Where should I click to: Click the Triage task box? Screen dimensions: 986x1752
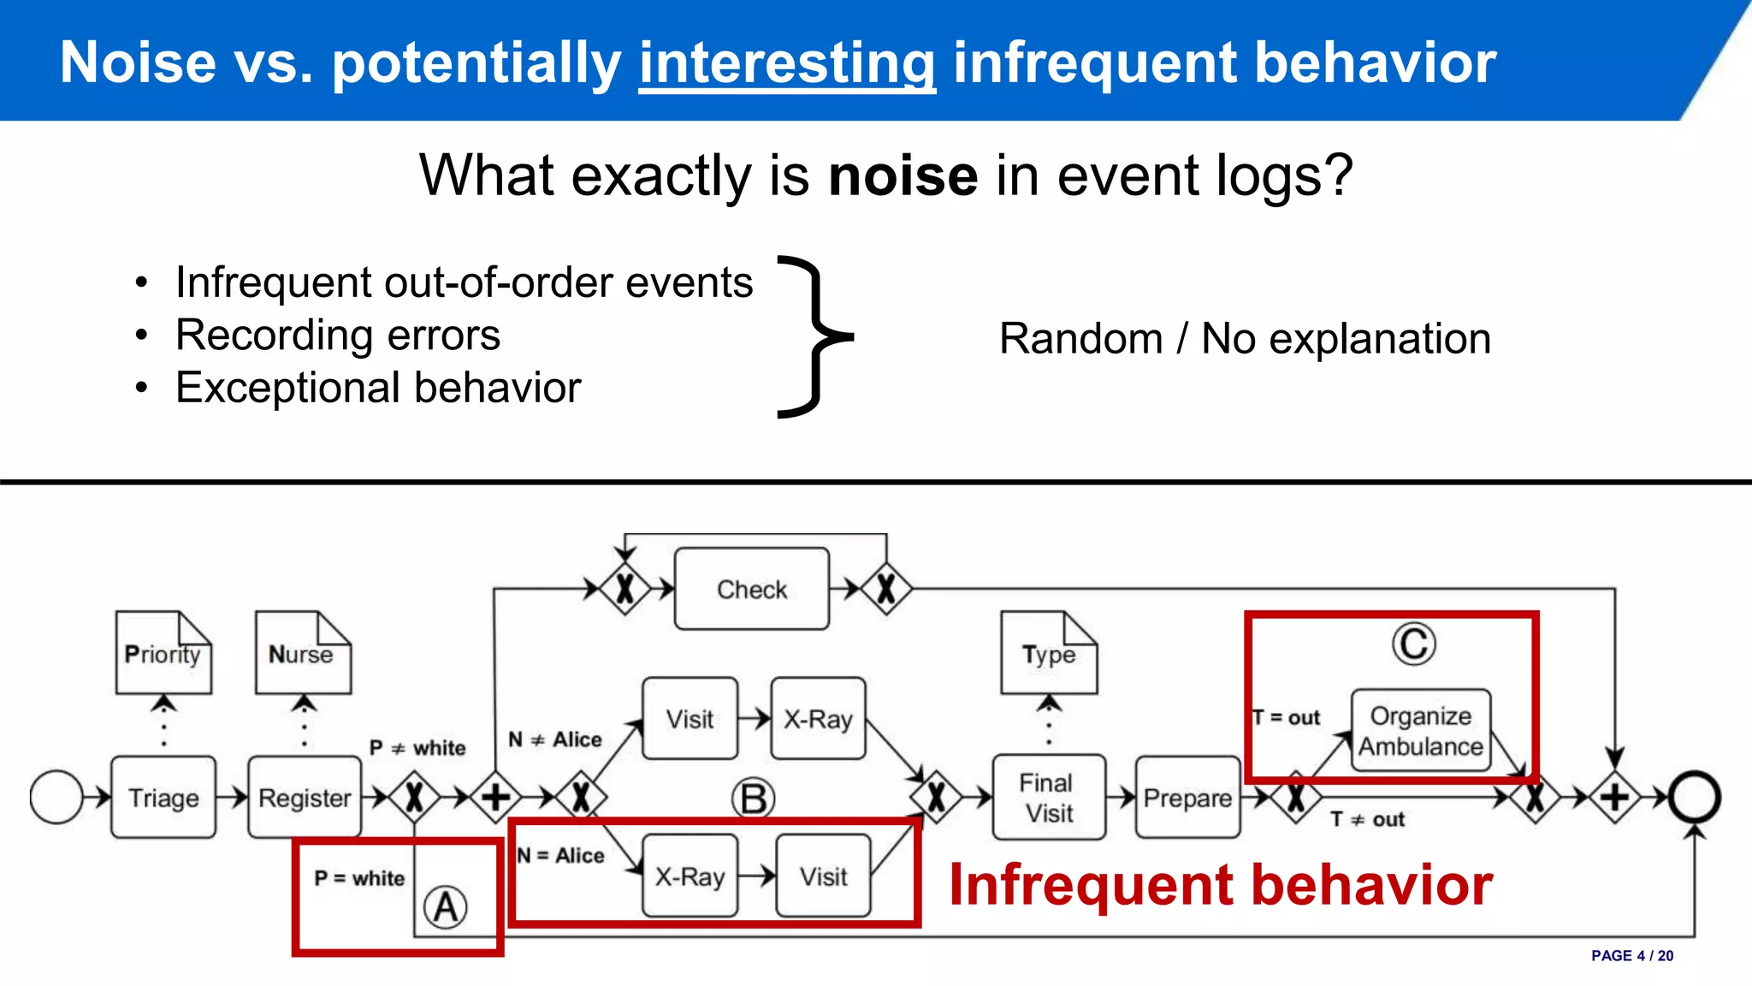[x=163, y=797]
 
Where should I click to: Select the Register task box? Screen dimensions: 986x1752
[x=305, y=797]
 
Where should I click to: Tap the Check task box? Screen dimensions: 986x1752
[x=751, y=589]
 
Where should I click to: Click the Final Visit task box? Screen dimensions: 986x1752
[x=1049, y=797]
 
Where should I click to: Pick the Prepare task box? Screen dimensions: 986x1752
[x=1187, y=797]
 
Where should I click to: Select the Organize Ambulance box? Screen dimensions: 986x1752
[x=1421, y=730]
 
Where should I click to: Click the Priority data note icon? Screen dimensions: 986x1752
[x=163, y=652]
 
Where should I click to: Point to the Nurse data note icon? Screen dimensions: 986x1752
[x=303, y=652]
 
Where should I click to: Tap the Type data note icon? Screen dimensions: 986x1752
[x=1049, y=652]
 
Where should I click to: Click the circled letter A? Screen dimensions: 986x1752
[x=446, y=907]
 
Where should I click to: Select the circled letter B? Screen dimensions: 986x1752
[x=753, y=799]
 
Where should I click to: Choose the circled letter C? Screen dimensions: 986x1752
[x=1413, y=644]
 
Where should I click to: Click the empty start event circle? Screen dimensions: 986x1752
[x=56, y=797]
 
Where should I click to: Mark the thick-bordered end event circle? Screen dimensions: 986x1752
[x=1694, y=797]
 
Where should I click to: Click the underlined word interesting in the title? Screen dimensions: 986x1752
[x=787, y=63]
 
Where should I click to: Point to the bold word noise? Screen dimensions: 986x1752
[x=903, y=175]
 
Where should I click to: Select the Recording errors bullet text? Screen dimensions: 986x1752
[x=338, y=335]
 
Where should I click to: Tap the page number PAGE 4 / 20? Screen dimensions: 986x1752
[x=1631, y=955]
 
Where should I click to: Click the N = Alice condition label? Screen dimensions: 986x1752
[x=561, y=855]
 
